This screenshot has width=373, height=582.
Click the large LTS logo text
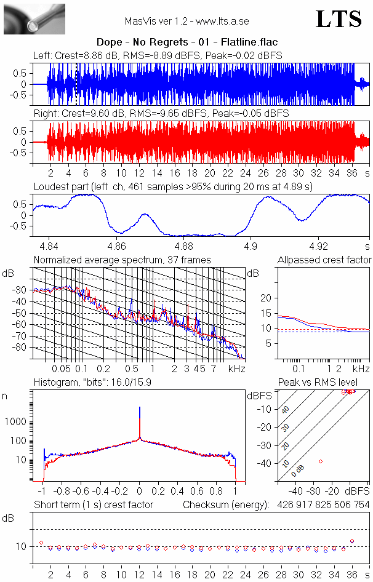[338, 20]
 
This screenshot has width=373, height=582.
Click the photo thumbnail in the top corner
[34, 18]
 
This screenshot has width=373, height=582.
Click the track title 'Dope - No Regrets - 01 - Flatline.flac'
[186, 42]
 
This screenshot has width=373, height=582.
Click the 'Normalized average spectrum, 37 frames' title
[122, 260]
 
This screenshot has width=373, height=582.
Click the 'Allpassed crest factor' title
[324, 260]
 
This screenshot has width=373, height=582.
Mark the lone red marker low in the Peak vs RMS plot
[321, 461]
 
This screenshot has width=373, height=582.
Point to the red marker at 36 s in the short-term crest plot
[352, 541]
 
